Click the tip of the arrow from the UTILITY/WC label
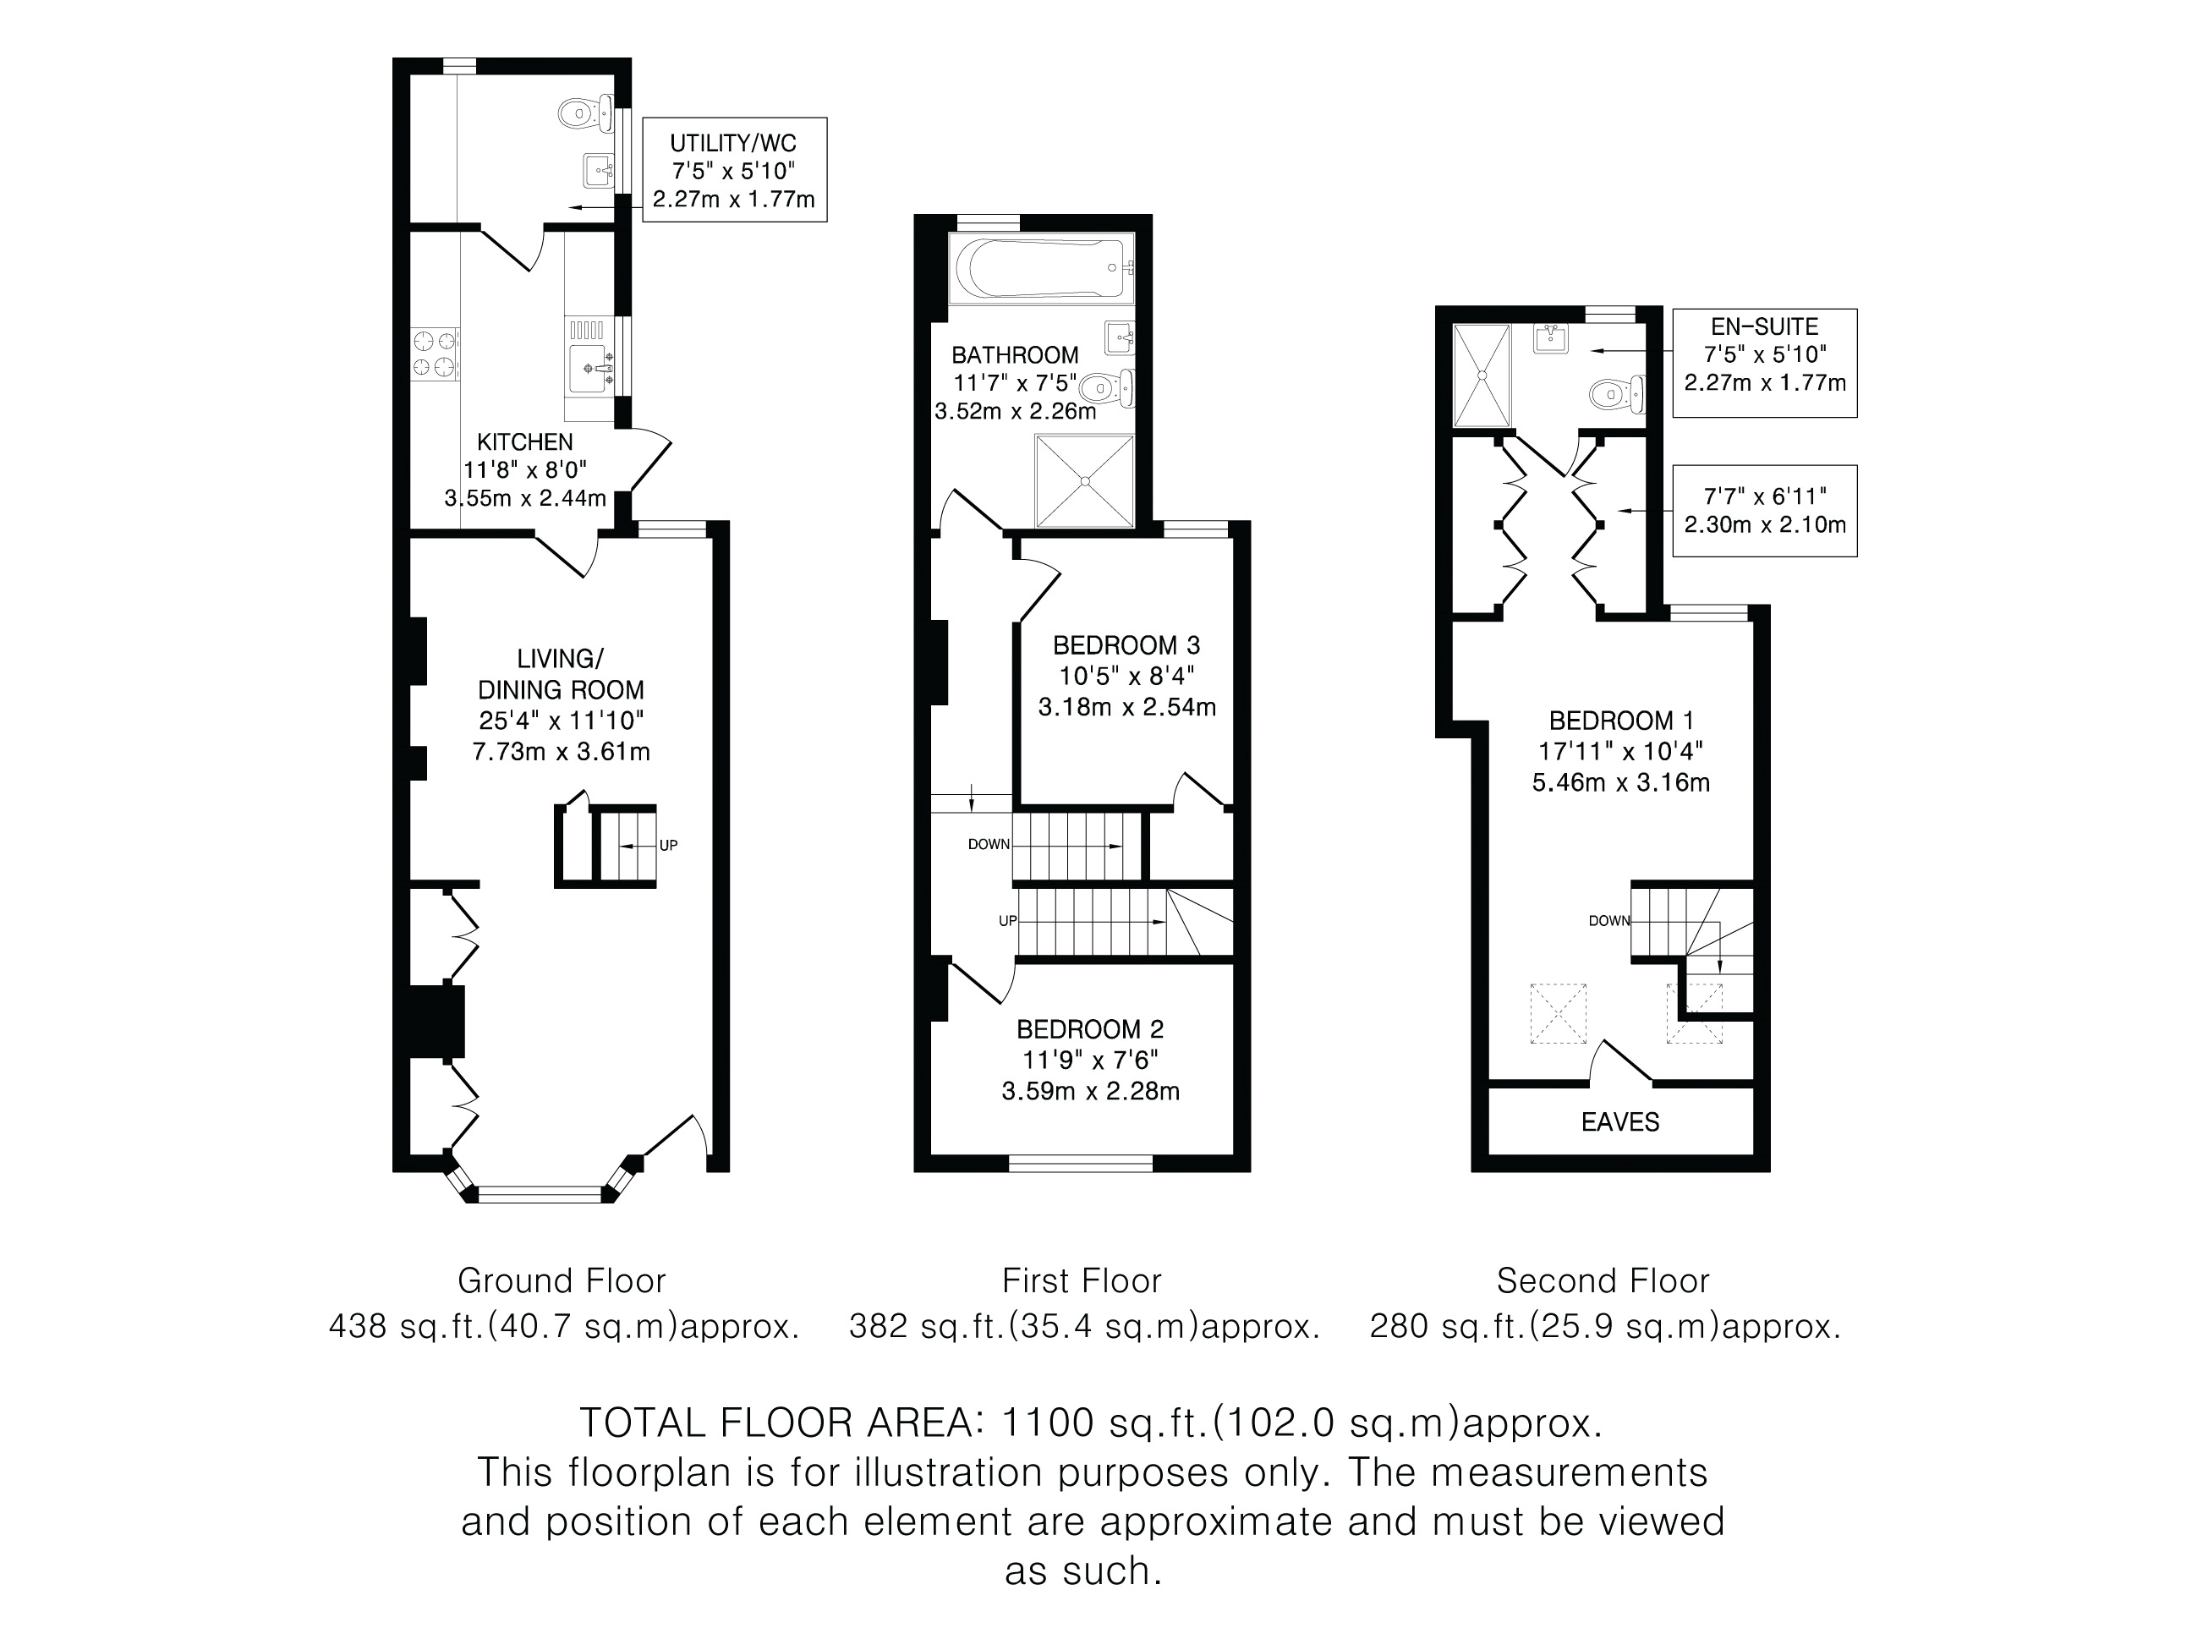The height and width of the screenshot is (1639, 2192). point(570,208)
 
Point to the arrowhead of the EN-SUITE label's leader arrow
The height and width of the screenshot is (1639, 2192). point(1593,352)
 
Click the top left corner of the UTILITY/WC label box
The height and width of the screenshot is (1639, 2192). point(643,118)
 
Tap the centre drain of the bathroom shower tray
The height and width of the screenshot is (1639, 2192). point(1085,481)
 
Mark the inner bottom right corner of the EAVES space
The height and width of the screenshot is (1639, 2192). point(1753,1154)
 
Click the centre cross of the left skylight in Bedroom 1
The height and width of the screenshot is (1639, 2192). point(1558,1012)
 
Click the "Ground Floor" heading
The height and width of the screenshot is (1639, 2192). point(561,1280)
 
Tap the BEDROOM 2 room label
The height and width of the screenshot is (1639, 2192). point(1090,1029)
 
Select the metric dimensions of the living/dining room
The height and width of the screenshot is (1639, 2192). point(561,751)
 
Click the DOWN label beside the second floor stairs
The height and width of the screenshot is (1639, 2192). point(1609,921)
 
